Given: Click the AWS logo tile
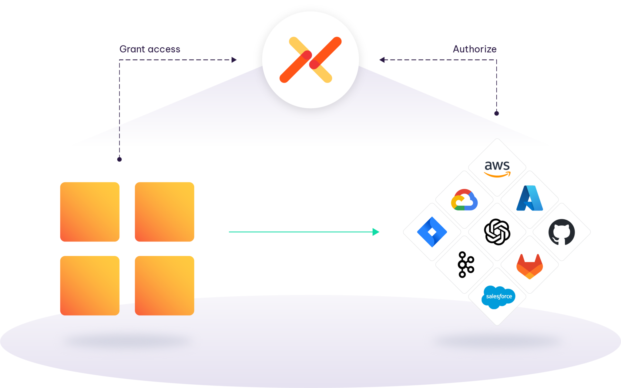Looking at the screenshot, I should (x=497, y=168).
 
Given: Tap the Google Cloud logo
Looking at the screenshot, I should (x=464, y=200).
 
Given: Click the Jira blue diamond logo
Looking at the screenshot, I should (x=432, y=232).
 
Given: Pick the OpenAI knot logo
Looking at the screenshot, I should (x=497, y=232).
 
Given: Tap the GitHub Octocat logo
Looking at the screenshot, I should (x=562, y=232).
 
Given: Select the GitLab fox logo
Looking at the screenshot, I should (x=529, y=266).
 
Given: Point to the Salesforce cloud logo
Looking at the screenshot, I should (x=498, y=297).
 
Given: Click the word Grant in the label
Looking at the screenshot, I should (x=132, y=49).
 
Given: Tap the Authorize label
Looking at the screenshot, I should (x=475, y=49).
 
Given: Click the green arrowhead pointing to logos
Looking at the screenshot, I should (x=376, y=232).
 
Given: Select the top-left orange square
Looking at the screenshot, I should (x=90, y=211).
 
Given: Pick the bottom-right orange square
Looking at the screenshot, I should (x=164, y=285).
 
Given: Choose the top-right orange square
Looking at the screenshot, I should (x=164, y=211).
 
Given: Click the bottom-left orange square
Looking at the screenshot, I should (x=90, y=285).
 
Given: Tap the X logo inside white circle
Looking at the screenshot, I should (x=310, y=60).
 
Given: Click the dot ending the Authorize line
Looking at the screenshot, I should (x=496, y=113).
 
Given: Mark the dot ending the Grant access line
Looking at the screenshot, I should (x=119, y=159).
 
